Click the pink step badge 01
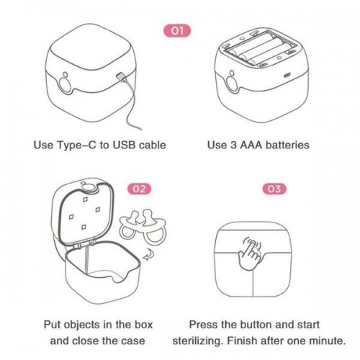(177, 31)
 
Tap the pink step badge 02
(139, 189)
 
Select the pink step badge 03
(274, 189)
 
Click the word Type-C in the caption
(76, 145)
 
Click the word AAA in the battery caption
(251, 145)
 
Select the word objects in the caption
(83, 325)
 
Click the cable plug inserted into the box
(120, 77)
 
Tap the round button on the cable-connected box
(64, 85)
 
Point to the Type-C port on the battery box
(287, 76)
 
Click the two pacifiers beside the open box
(143, 227)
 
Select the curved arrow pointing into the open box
(148, 255)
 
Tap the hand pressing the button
(250, 253)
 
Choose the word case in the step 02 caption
(134, 341)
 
